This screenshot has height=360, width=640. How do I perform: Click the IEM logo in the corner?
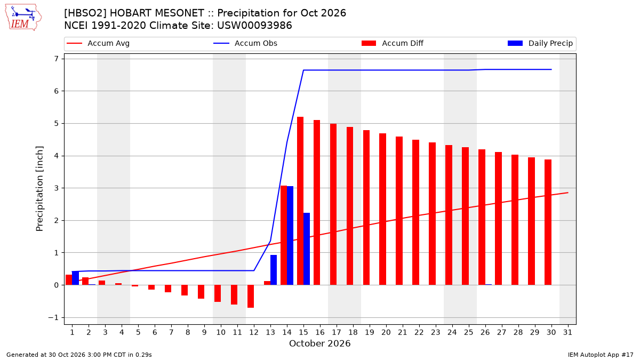tap(23, 18)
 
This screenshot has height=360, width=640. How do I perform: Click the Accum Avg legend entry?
tap(98, 43)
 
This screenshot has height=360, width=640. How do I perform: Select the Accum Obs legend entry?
tap(245, 43)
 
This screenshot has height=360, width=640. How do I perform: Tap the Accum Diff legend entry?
tap(393, 43)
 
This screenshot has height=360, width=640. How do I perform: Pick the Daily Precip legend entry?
tap(540, 43)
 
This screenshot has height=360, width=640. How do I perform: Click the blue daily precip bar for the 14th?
tap(290, 235)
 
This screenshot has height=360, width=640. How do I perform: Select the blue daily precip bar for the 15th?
tap(307, 249)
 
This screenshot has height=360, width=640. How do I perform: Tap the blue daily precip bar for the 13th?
tap(274, 270)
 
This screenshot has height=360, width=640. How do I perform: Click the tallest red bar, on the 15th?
tap(300, 201)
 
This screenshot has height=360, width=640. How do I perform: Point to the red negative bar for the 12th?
tap(251, 297)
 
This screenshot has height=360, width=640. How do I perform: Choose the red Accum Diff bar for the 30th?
tap(548, 222)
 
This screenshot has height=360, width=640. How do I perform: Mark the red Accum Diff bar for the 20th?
tap(382, 209)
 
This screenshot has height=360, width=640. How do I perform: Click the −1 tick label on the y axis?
tap(53, 317)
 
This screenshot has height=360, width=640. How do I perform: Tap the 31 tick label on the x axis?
tap(567, 332)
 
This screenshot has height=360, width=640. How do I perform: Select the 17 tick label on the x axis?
tap(337, 332)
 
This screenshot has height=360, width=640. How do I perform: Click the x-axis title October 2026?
tap(319, 343)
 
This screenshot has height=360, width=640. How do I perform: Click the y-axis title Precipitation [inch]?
tap(39, 189)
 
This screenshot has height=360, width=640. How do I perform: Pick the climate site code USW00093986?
tap(254, 26)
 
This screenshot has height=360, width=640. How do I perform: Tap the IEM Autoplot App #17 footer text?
tap(601, 355)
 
